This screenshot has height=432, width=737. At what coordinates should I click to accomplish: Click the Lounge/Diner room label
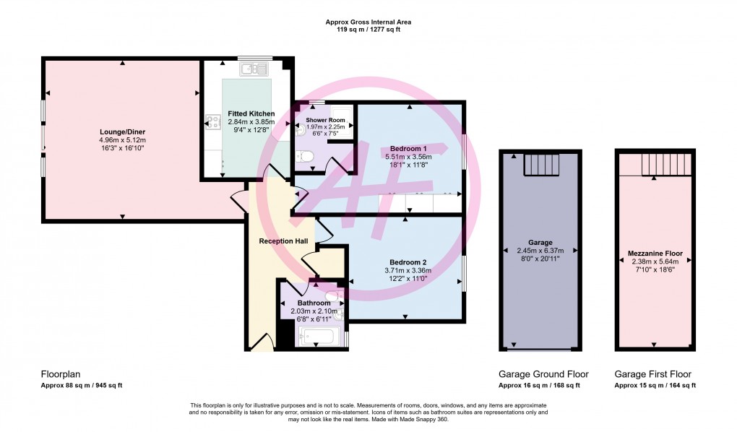[122, 131]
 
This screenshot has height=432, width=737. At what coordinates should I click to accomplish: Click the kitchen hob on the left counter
[212, 123]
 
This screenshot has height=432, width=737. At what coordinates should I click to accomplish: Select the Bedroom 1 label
[409, 148]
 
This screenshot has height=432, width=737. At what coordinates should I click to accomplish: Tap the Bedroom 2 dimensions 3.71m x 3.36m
[409, 270]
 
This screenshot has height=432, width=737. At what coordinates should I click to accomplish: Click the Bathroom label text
[314, 303]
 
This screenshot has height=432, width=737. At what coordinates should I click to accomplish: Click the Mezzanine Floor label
[655, 254]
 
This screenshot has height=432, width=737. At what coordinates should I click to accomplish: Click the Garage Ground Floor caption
[543, 374]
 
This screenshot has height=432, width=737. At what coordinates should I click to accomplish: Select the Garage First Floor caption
[652, 374]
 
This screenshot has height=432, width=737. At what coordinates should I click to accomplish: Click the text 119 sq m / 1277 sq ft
[368, 30]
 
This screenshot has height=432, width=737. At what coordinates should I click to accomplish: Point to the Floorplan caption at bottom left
[61, 374]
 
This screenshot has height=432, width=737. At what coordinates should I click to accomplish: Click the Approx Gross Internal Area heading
[368, 22]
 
